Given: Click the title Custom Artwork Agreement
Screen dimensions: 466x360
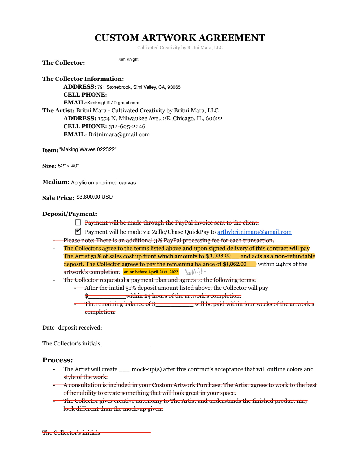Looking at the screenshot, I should coord(180,38).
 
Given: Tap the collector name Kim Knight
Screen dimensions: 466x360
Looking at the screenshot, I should coord(128,59).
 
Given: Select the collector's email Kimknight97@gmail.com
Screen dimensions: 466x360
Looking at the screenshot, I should coord(113,103).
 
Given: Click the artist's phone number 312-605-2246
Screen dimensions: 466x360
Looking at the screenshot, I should coord(127,127).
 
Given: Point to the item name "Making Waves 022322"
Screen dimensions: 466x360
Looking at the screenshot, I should coord(88,149).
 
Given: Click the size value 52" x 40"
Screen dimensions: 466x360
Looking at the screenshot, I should coord(68,166).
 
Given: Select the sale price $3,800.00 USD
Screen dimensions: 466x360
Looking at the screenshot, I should coord(95,197).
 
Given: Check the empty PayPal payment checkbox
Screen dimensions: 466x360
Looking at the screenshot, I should coord(78,223).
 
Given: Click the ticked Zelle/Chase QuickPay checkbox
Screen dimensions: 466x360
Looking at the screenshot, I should coord(78,232).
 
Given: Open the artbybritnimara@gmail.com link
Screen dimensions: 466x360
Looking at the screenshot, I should coord(254,232).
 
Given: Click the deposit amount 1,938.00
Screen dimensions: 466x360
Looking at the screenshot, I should coord(220,256).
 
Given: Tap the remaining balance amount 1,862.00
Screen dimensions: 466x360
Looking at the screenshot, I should coord(236,264).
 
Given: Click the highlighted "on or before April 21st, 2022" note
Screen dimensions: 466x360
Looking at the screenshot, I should coord(151,272).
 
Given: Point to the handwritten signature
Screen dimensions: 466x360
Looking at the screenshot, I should coord(195,272).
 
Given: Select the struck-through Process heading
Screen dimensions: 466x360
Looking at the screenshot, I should coord(58,360).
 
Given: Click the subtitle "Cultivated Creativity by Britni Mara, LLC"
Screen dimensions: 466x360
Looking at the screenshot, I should coord(180,48).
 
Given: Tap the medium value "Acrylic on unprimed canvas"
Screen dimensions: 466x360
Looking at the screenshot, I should coord(103,183).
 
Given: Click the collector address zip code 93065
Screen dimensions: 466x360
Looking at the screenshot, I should coord(174,87).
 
